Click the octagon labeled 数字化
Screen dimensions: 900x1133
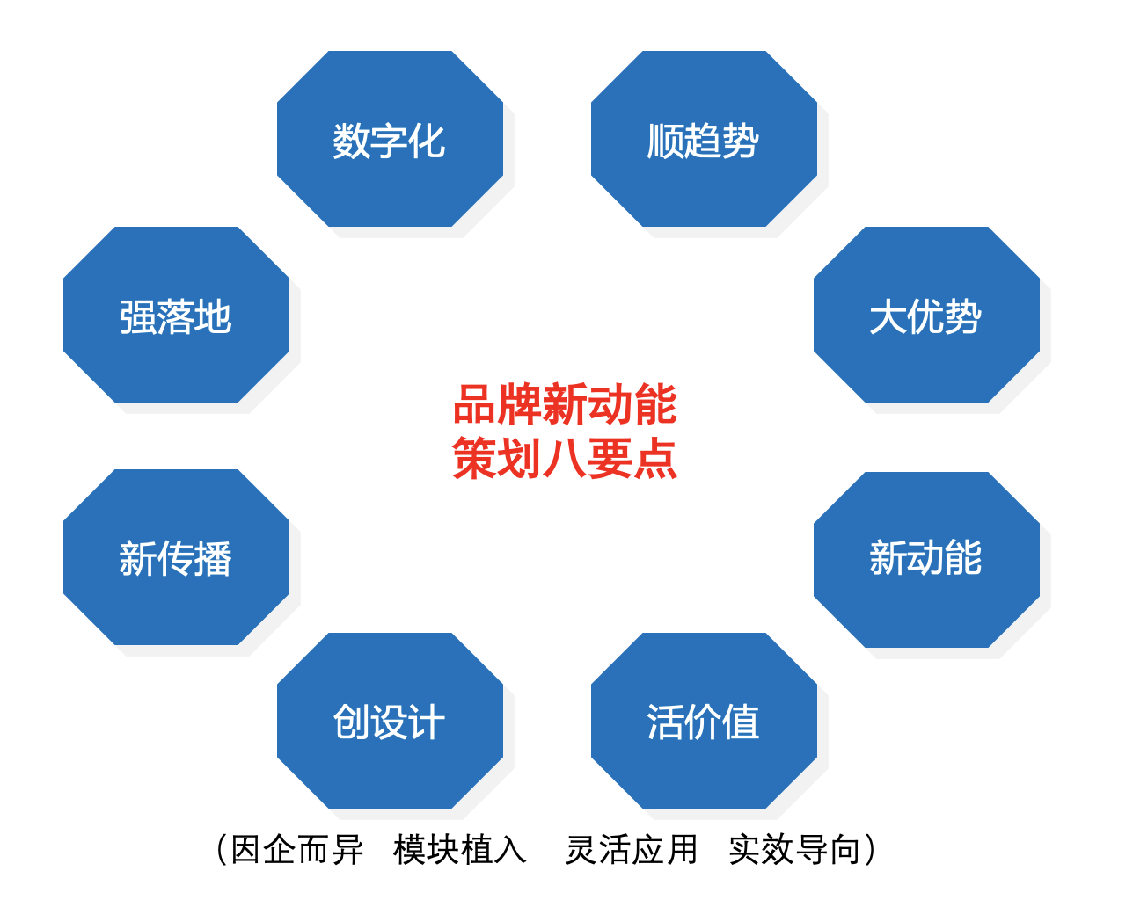390,139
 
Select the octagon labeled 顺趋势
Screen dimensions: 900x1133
704,139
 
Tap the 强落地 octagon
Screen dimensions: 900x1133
176,315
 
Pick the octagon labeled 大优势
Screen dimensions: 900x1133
926,315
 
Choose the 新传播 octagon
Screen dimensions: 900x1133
176,557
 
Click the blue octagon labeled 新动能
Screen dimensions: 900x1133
926,559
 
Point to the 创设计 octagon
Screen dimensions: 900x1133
390,721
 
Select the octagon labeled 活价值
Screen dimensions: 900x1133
704,721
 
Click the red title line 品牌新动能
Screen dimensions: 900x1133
565,405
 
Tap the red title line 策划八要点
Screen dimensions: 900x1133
565,459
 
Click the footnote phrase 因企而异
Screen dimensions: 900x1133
297,850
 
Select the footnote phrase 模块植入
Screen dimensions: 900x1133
460,850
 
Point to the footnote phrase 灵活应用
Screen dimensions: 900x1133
632,850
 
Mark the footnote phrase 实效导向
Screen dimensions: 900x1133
794,850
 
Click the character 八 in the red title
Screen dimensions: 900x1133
565,459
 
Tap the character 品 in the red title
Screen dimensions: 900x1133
475,405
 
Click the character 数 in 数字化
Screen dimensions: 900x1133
352,141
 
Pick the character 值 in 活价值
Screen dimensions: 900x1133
741,722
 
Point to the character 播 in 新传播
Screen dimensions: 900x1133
214,559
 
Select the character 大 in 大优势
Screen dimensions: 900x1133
888,316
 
